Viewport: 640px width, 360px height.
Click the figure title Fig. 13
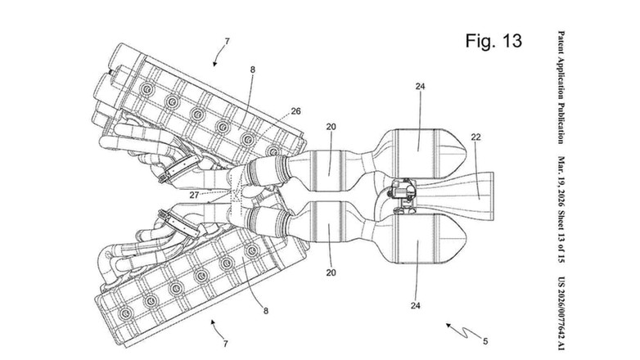(x=494, y=41)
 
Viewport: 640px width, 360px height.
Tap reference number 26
(x=295, y=111)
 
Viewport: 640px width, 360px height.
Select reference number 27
(x=194, y=195)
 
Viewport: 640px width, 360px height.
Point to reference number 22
(x=476, y=137)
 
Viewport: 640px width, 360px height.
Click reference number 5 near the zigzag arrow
(x=485, y=341)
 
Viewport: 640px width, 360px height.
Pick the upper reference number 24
(x=421, y=86)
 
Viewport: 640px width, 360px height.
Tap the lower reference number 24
(x=416, y=305)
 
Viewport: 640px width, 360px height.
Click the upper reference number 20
(x=331, y=127)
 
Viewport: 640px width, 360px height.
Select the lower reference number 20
(x=331, y=272)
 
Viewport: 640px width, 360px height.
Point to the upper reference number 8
(x=253, y=70)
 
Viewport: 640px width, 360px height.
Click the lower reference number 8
(x=266, y=311)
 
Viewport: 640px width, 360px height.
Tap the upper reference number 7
(x=227, y=41)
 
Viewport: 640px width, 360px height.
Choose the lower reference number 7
(x=225, y=344)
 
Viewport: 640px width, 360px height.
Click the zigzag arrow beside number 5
(x=463, y=331)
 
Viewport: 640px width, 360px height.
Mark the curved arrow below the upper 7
(x=219, y=56)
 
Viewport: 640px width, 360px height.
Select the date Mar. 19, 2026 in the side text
(x=561, y=182)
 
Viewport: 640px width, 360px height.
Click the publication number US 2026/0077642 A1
(x=561, y=313)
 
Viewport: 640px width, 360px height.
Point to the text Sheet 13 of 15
(x=561, y=236)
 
